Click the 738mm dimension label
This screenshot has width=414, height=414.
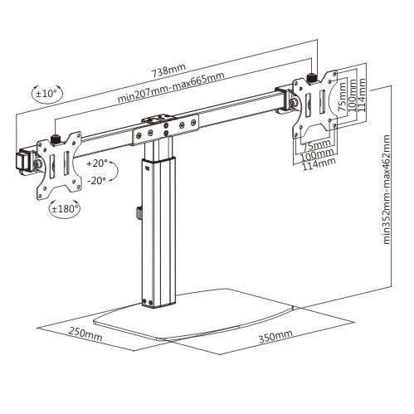coord(168,71)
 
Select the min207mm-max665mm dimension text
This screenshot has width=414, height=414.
coord(171,86)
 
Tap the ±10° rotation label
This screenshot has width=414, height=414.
coord(46,93)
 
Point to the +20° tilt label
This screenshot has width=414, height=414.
coord(97,163)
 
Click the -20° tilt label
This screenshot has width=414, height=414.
coord(97,181)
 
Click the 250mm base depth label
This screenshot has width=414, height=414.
coord(85,334)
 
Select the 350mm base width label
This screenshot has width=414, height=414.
coord(275,336)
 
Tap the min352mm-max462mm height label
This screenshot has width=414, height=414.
coord(387,190)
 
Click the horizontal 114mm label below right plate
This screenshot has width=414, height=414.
coord(319,164)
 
